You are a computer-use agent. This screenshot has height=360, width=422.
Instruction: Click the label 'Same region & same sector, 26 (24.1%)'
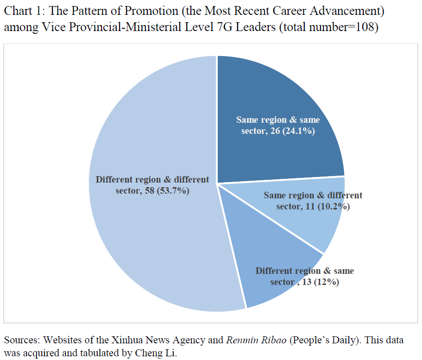[x=278, y=125]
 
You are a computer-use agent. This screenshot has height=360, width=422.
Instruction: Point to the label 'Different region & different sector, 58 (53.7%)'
[x=152, y=185]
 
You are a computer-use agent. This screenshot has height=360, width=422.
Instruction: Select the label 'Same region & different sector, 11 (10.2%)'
[x=313, y=201]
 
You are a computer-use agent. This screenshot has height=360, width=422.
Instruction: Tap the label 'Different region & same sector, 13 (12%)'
[x=304, y=276]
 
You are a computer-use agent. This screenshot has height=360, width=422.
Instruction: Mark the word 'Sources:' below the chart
[x=21, y=340]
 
